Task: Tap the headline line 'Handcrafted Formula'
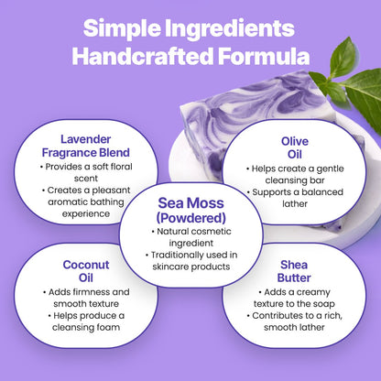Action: pyautogui.click(x=190, y=55)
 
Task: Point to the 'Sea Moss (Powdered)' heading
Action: pyautogui.click(x=190, y=210)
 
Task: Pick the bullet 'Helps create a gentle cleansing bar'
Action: pyautogui.click(x=292, y=176)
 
